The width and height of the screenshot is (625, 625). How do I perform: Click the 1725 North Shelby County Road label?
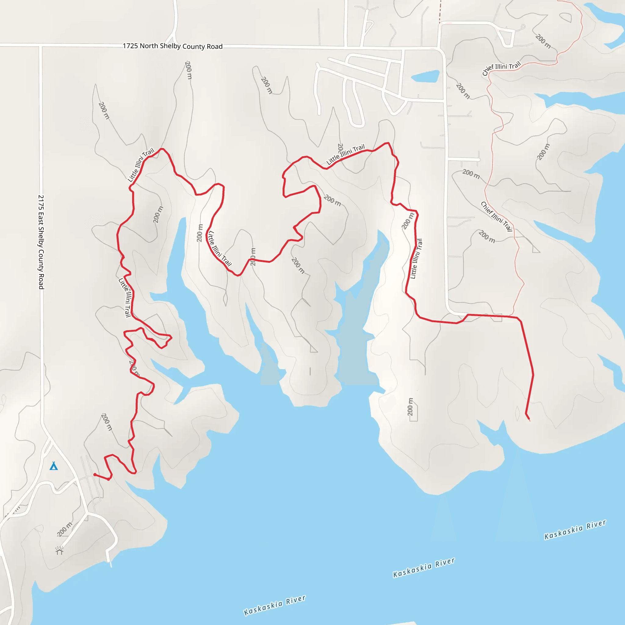[x=172, y=46]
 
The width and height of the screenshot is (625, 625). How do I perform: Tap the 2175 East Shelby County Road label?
[x=41, y=242]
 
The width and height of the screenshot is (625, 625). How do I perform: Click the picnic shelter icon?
[x=59, y=551]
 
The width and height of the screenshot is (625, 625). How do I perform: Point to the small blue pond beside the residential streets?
[x=425, y=77]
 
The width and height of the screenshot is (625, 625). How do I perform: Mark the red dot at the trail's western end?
[x=95, y=475]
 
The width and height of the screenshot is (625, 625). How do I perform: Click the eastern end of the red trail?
[x=529, y=420]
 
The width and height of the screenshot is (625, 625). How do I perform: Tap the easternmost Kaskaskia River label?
[x=575, y=529]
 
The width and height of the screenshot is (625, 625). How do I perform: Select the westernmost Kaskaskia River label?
[x=274, y=605]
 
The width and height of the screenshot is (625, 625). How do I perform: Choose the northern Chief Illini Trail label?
[x=501, y=68]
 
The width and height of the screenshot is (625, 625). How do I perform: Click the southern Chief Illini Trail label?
[x=497, y=216]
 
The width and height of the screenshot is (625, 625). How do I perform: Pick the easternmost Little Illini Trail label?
[x=416, y=259]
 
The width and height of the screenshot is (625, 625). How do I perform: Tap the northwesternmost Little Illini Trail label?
[x=141, y=165]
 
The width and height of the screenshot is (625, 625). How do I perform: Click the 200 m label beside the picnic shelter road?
[x=65, y=529]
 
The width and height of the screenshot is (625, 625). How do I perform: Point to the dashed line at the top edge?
[x=440, y=11]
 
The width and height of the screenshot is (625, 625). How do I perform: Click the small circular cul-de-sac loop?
[x=523, y=27]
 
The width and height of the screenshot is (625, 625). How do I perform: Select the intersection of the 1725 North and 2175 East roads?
[x=41, y=46]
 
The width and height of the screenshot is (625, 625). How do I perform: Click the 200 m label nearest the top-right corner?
[x=543, y=41]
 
